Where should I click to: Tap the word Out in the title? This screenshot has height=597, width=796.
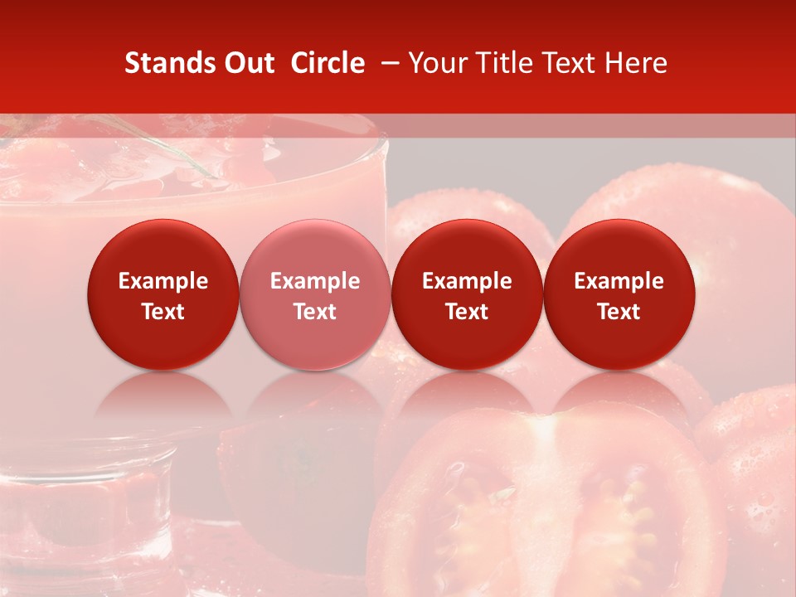click(248, 63)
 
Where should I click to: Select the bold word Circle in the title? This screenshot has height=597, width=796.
click(328, 63)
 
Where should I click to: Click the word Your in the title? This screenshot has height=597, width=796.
click(436, 63)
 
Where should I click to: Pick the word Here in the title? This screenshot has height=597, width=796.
click(638, 63)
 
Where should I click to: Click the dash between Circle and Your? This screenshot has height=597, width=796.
click(386, 63)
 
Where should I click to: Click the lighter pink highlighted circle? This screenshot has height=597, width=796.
click(314, 294)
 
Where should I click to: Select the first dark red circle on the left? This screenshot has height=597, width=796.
click(163, 294)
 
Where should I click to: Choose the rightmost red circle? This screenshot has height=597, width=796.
click(619, 294)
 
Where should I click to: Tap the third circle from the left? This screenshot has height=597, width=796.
click(467, 294)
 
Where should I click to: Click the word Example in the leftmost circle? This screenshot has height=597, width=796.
click(163, 281)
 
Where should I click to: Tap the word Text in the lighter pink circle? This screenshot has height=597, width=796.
click(314, 312)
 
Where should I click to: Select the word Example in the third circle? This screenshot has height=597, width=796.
click(467, 281)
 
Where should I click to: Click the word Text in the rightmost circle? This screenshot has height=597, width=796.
click(619, 312)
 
